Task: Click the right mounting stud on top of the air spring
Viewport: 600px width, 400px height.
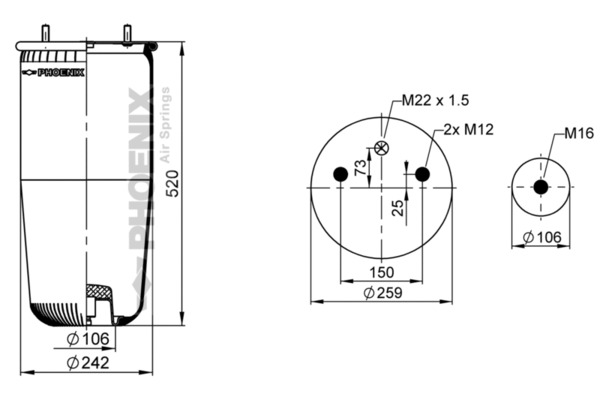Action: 129,33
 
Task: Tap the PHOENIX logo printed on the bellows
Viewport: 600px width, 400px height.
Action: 60,72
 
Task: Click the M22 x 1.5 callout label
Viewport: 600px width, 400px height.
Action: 435,100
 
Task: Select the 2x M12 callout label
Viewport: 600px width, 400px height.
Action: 470,129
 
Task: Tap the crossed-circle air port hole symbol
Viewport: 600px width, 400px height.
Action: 381,149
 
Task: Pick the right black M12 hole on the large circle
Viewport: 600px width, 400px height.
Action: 422,174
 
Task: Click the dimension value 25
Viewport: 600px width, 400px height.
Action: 398,207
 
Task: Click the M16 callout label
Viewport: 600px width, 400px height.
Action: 579,132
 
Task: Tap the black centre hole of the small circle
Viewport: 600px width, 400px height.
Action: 541,187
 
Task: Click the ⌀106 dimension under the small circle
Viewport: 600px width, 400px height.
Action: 544,237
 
